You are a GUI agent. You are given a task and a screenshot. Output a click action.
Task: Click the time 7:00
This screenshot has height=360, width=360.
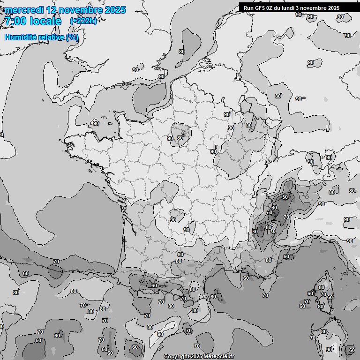(15, 21)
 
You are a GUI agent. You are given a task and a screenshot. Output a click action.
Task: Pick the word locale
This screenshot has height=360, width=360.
(45, 21)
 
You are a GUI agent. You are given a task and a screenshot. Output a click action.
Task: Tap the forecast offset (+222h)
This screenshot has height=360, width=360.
(83, 21)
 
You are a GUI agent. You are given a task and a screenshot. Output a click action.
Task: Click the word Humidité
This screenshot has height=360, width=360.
(19, 37)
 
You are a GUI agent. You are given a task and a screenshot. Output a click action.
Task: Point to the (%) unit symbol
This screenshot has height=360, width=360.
(72, 37)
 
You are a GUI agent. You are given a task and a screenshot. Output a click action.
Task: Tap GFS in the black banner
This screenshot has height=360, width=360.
(260, 8)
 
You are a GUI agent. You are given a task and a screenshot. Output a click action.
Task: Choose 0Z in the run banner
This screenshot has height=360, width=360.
(270, 8)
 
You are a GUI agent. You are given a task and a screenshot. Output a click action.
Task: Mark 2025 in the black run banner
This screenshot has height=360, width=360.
(333, 8)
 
